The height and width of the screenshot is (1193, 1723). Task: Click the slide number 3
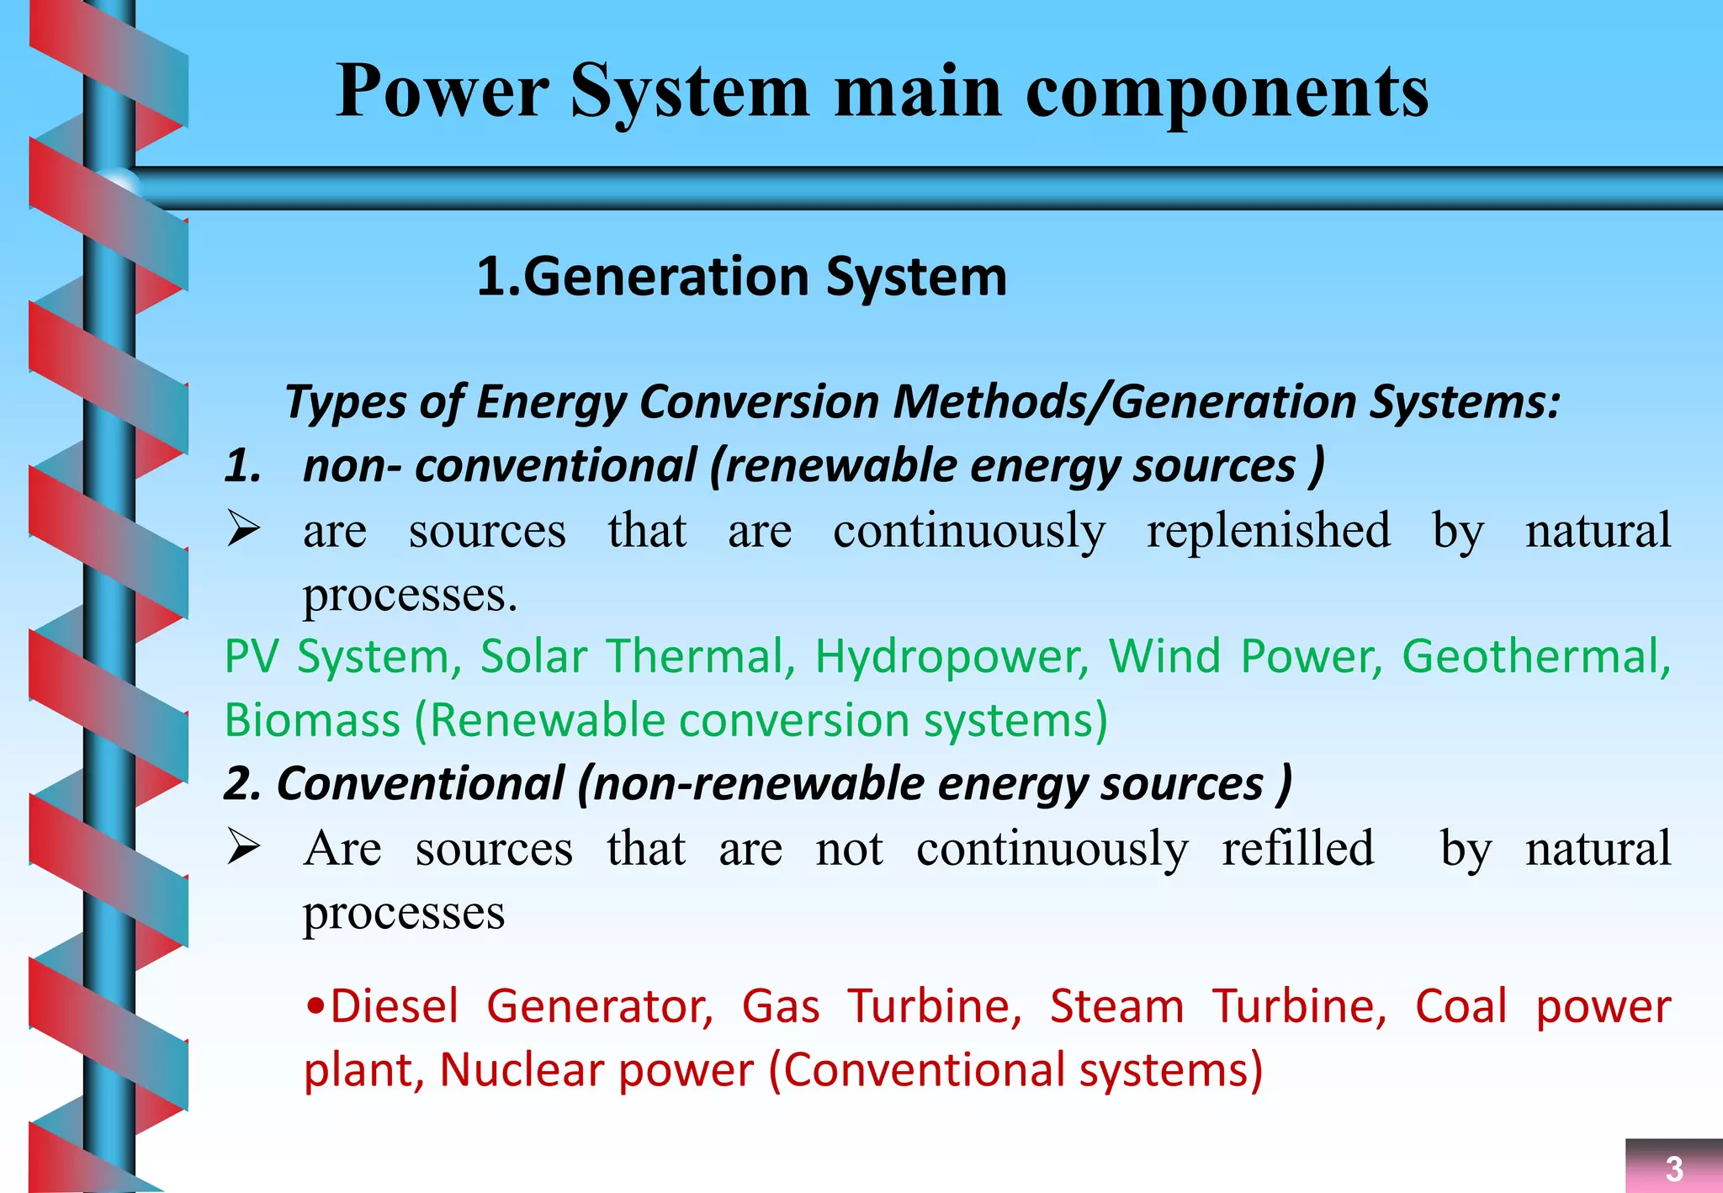coord(1673,1169)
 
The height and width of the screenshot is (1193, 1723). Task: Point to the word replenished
coord(1268,531)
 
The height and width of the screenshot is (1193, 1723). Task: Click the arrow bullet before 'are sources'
coord(243,530)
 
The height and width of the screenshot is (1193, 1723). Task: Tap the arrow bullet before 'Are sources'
coord(243,847)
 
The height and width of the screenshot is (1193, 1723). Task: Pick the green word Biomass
coord(312,721)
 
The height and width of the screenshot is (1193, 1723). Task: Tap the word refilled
coord(1297,848)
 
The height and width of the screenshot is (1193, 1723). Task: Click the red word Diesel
coord(393,1006)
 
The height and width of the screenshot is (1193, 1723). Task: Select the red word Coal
coord(1461,1006)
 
